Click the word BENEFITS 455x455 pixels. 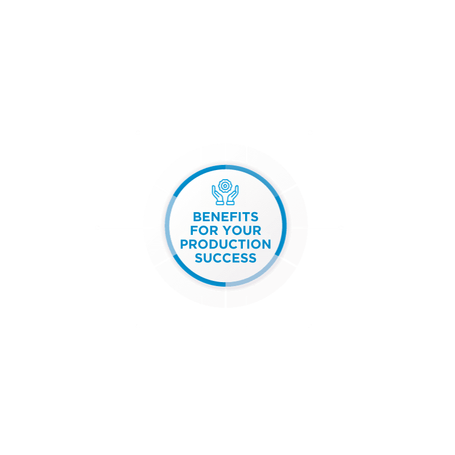pyautogui.click(x=225, y=217)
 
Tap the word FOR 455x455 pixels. pyautogui.click(x=204, y=230)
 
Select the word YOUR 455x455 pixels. pyautogui.click(x=242, y=230)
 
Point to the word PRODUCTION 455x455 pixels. pyautogui.click(x=225, y=244)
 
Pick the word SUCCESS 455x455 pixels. pyautogui.click(x=225, y=258)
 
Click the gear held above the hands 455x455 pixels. pyautogui.click(x=225, y=186)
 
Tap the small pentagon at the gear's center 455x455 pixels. pyautogui.click(x=225, y=186)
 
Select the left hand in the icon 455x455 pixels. pyautogui.click(x=218, y=195)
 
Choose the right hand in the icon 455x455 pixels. pyautogui.click(x=233, y=195)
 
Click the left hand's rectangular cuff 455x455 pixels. pyautogui.click(x=220, y=203)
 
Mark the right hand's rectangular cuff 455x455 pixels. pyautogui.click(x=230, y=203)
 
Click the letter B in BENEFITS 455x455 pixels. pyautogui.click(x=197, y=217)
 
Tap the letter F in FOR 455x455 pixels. pyautogui.click(x=194, y=230)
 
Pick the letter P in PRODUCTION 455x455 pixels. pyautogui.click(x=184, y=244)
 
